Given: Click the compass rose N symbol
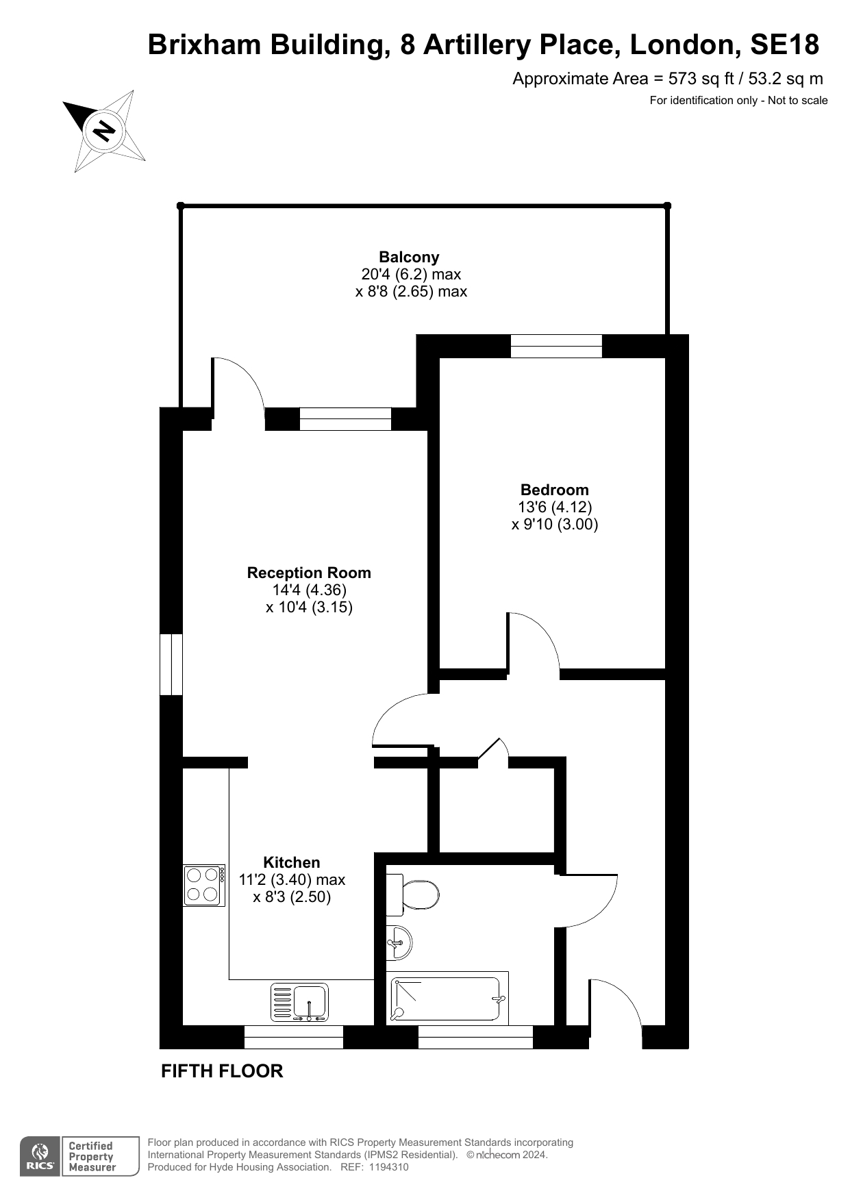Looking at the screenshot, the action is coord(104,130).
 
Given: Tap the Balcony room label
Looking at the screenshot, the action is coord(409,258).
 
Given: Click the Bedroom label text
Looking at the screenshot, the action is coord(554,490).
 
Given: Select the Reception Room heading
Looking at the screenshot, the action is coord(309,573).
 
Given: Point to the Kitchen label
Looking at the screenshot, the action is coord(292,862).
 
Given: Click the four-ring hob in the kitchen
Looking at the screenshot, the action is coord(204,885).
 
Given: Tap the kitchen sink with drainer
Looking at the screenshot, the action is coord(300,1003).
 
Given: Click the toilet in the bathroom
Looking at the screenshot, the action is coord(412,894).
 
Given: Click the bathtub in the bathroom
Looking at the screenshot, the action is coord(447,999).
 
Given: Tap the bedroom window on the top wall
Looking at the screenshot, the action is coord(556,346).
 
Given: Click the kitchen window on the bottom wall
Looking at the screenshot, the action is coord(294,1037).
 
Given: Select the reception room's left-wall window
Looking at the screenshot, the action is coord(171,664).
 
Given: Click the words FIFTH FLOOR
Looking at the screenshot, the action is coord(222,1071).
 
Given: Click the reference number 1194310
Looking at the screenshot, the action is coord(388,1167).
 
